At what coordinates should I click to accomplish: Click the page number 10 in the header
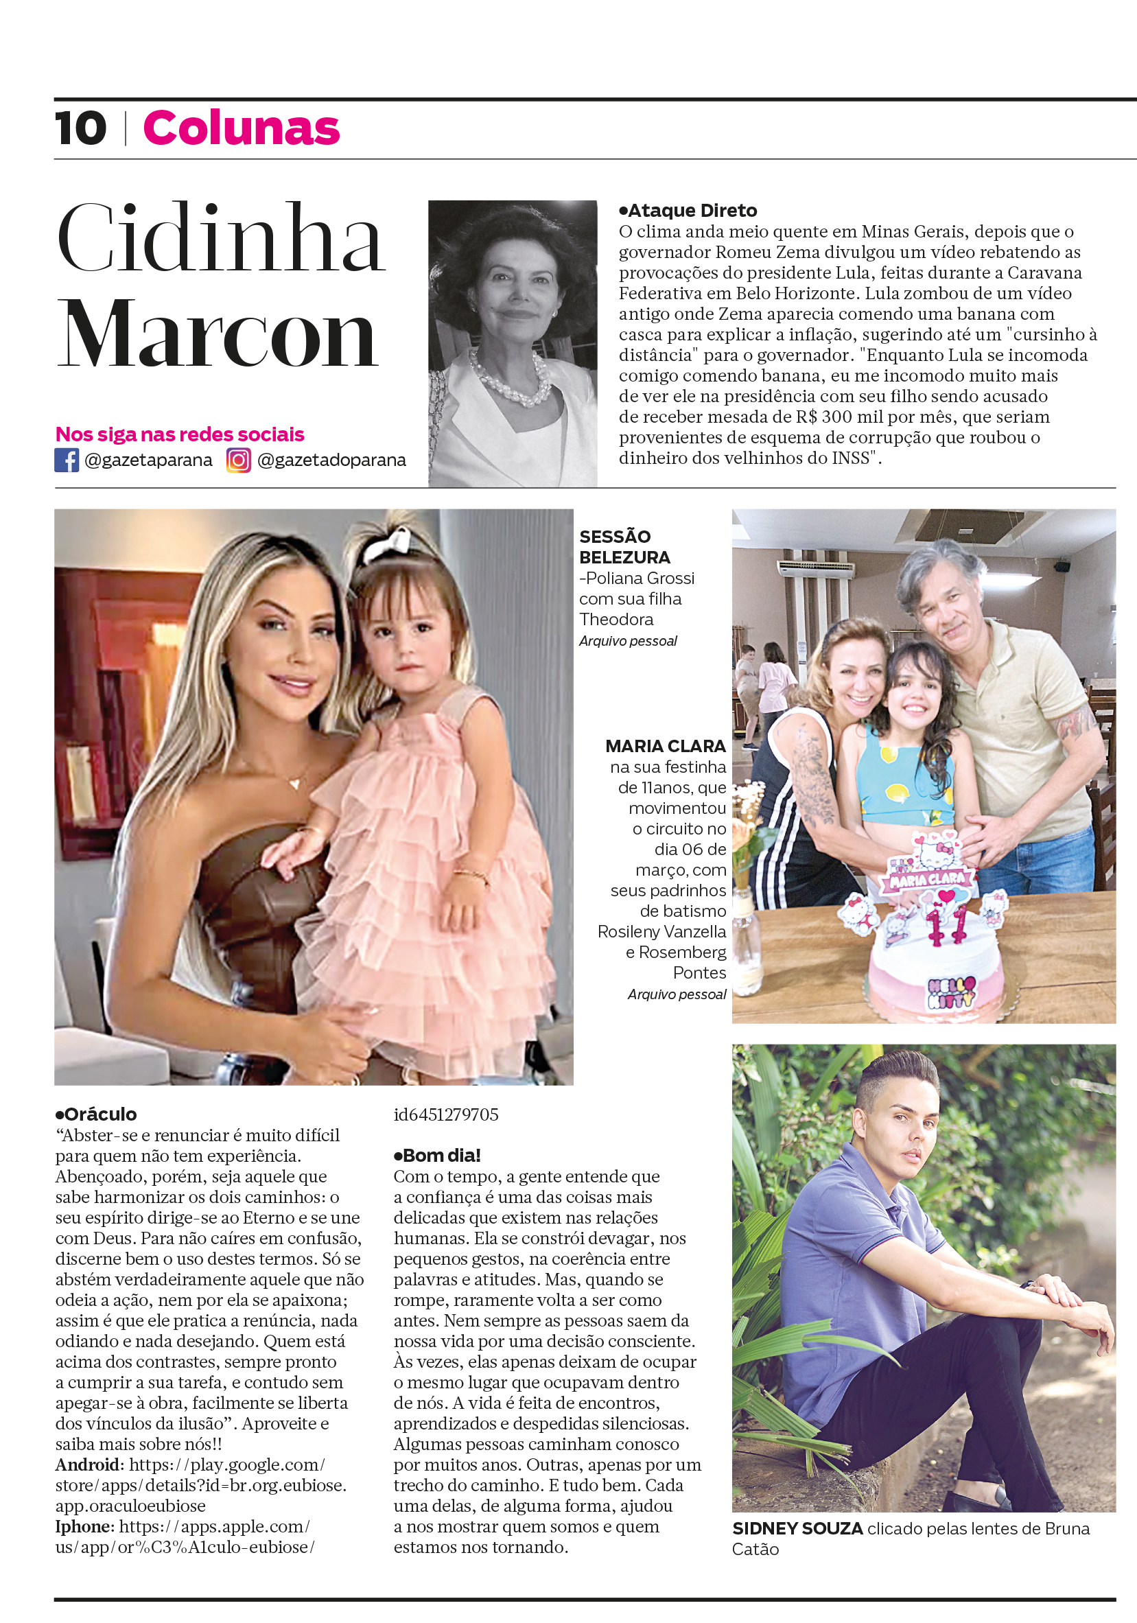80,128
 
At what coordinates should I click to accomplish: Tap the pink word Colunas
241,128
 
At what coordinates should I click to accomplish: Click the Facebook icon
67,460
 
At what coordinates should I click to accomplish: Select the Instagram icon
238,460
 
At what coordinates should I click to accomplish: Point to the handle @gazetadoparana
331,460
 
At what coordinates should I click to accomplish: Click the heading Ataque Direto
688,211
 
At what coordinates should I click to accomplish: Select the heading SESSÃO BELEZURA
623,546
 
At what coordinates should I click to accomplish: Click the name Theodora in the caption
616,619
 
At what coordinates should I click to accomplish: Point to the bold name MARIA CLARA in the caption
665,746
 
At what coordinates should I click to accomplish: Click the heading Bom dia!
437,1155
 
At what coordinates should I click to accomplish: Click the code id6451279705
446,1114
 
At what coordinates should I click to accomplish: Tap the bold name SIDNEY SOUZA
797,1528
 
